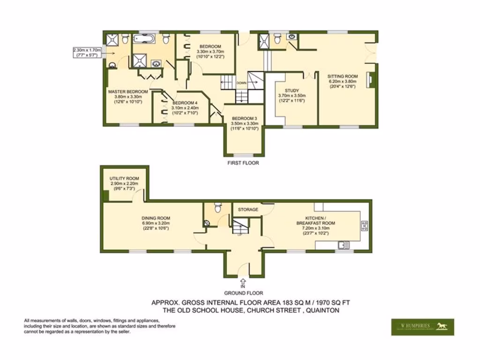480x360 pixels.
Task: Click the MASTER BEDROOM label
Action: click(128, 91)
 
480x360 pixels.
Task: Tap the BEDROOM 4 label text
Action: click(185, 103)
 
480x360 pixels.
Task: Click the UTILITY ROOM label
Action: click(124, 179)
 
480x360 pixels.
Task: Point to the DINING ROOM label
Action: click(156, 218)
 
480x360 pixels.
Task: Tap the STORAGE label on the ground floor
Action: click(248, 210)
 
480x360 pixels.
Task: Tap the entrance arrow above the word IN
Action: click(243, 281)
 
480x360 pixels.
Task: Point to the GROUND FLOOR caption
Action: click(243, 293)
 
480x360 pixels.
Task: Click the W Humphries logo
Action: click(422, 327)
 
